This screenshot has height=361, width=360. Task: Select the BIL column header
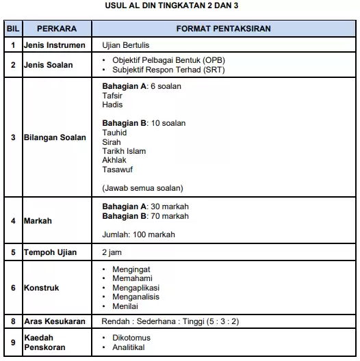(x=12, y=30)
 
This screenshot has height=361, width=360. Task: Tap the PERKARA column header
(x=56, y=30)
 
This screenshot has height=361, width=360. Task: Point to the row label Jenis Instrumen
(x=55, y=46)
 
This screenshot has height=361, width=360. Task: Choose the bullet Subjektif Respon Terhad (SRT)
(x=162, y=70)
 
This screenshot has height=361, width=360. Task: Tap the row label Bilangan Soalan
(x=55, y=137)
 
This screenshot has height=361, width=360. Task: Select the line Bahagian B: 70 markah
(x=145, y=216)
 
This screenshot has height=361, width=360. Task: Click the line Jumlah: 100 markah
(x=138, y=235)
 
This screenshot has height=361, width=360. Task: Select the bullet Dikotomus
(x=131, y=338)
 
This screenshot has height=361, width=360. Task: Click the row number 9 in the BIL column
(x=12, y=343)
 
